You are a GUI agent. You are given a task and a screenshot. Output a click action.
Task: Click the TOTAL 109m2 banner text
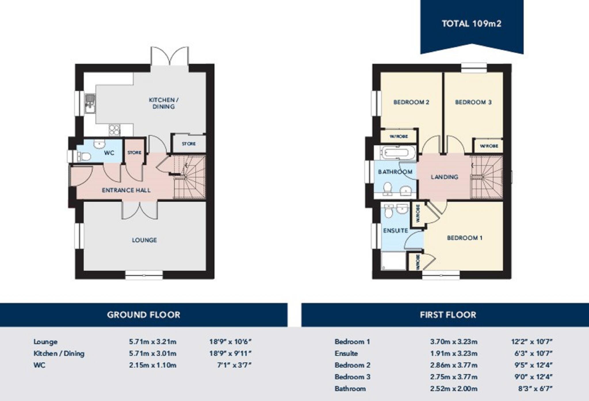point(471,24)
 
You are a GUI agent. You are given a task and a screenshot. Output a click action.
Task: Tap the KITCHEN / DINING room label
point(163,103)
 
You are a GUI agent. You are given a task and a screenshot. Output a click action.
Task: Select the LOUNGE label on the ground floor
point(144,240)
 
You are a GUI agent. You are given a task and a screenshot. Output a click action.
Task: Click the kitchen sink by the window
point(90,103)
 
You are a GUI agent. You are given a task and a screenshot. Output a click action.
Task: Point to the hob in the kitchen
point(114,130)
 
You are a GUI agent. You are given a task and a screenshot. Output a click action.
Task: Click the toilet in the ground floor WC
point(84,157)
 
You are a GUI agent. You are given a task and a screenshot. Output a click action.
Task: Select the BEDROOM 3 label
point(473,102)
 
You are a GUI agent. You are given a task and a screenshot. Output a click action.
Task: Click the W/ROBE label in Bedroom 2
point(399,136)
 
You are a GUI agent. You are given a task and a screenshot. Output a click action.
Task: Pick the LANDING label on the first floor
point(444,177)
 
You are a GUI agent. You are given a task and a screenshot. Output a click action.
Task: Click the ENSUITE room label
point(395,231)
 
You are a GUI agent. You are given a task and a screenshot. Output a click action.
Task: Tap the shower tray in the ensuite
point(393,261)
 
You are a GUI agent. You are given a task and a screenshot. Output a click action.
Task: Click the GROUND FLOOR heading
point(144,315)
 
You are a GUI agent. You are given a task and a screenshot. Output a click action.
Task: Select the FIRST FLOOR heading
point(448,315)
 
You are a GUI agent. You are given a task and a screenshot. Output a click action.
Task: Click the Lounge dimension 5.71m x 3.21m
point(152,342)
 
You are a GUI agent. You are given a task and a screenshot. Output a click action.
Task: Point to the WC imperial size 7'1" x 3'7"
point(234,365)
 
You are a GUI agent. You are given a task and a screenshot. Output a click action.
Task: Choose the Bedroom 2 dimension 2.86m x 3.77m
point(454,365)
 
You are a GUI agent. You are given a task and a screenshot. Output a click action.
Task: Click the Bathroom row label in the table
point(350,389)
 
